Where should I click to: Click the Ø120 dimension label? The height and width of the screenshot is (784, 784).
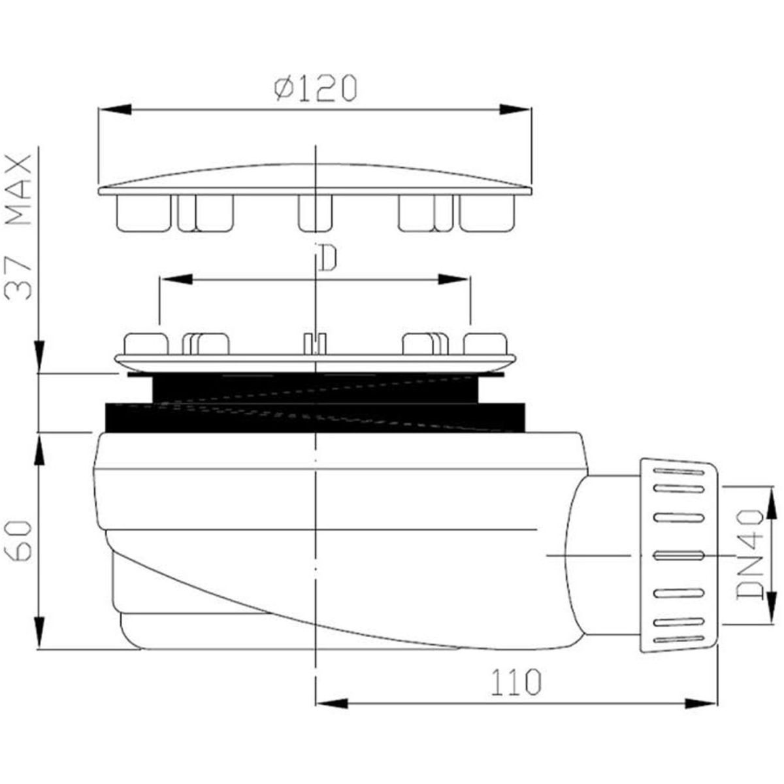click(x=316, y=88)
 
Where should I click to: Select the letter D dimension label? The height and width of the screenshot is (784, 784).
click(x=328, y=258)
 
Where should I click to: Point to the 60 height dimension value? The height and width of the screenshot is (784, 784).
click(x=18, y=541)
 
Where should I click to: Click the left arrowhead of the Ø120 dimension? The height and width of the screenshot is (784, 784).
click(x=115, y=109)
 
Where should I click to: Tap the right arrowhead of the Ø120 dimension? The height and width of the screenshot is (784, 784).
click(x=515, y=109)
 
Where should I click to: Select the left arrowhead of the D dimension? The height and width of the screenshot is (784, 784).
click(x=176, y=280)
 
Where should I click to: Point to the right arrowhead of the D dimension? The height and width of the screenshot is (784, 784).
click(x=453, y=280)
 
